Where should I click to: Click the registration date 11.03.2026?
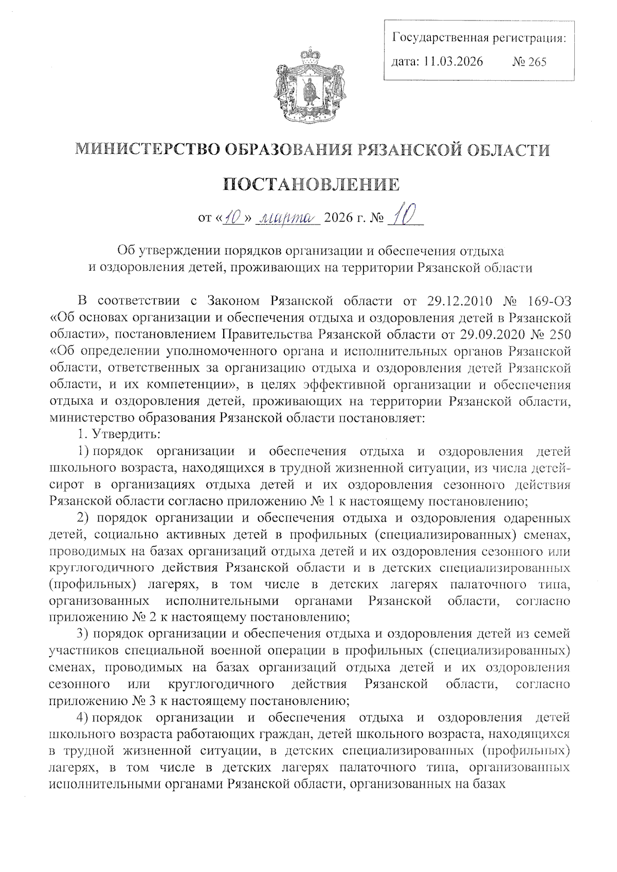(453, 62)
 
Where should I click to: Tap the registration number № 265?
(530, 62)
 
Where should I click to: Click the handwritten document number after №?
(404, 216)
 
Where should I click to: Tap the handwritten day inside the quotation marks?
(234, 218)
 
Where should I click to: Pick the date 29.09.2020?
(487, 335)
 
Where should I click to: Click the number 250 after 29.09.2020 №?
(559, 335)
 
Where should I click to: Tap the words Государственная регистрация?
(479, 38)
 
